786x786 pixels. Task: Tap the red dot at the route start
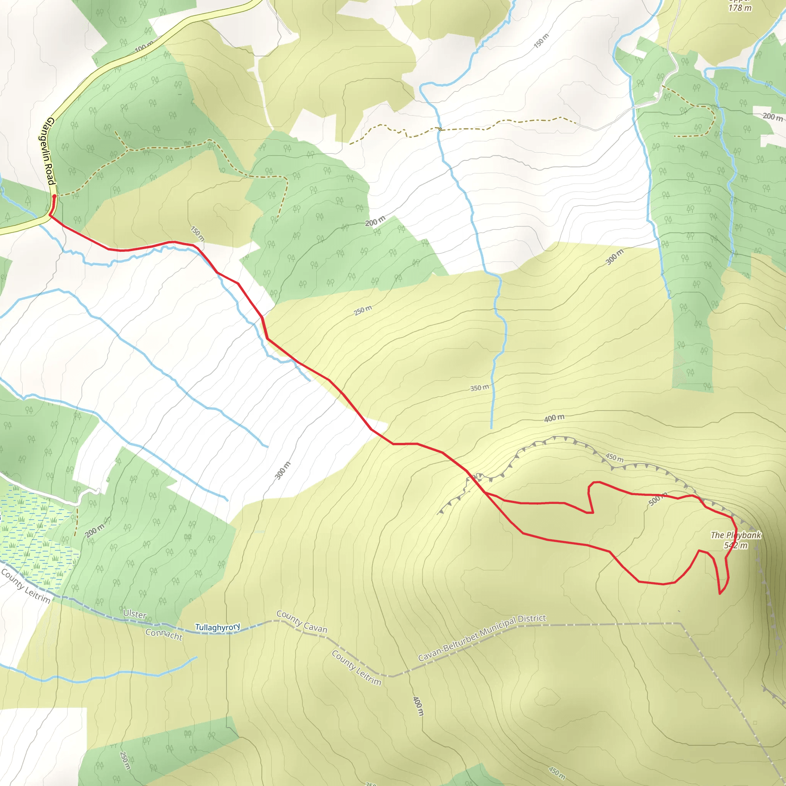pos(54,196)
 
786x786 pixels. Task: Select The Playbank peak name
pos(736,535)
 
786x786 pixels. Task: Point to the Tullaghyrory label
pos(218,627)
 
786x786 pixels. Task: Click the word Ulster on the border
pos(135,614)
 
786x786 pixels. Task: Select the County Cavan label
pos(302,622)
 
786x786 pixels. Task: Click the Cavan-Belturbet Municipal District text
pos(482,637)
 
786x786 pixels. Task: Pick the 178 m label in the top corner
pos(740,7)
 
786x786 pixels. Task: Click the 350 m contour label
pos(479,388)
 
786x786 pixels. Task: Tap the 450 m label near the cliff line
pos(614,457)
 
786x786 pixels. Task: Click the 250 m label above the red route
pos(362,310)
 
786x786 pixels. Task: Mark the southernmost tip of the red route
pos(720,594)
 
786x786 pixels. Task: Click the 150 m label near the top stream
pos(541,41)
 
